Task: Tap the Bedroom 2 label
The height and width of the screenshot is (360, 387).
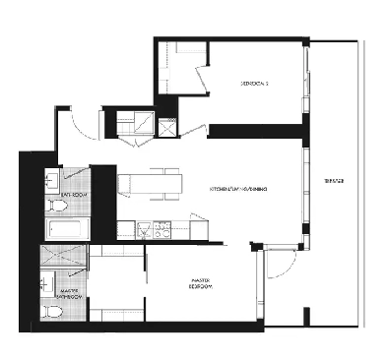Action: (x=254, y=83)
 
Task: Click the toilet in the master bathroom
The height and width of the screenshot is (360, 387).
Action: (x=52, y=314)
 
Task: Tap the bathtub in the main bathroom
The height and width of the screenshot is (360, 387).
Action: (x=65, y=231)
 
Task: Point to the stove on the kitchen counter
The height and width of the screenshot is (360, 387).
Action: (x=159, y=230)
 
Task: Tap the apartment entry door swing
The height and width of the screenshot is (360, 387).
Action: (x=77, y=123)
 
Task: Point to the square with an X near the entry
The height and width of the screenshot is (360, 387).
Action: (x=166, y=126)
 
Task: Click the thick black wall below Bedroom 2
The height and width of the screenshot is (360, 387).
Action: (x=254, y=130)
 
